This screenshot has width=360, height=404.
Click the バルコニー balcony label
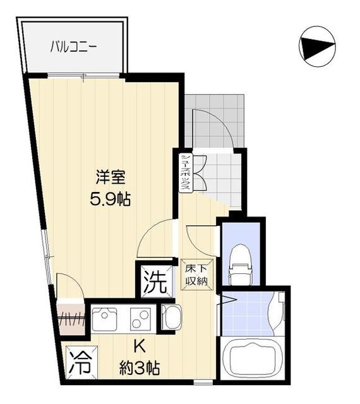74,46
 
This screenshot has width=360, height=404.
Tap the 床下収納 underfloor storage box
196,273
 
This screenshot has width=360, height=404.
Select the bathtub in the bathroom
253,358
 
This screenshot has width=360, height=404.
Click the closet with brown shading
71,319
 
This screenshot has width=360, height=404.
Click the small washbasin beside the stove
171,316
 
